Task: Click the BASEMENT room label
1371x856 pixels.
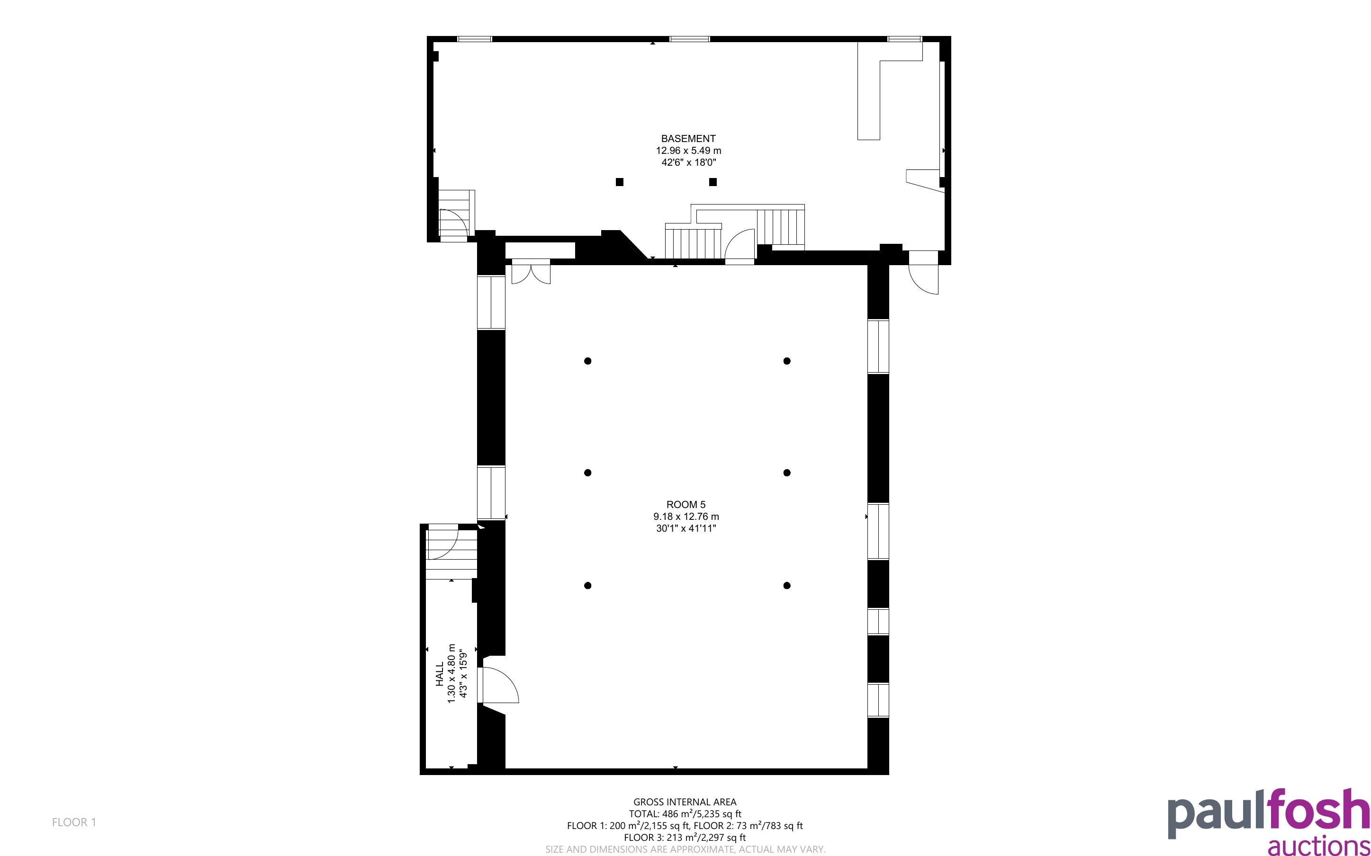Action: point(688,139)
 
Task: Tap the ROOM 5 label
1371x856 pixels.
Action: point(686,504)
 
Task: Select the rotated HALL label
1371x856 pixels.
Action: point(440,674)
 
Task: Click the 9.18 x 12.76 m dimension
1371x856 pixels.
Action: point(686,517)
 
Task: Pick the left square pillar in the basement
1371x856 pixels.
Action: point(620,182)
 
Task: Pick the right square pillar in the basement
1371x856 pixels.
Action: point(713,182)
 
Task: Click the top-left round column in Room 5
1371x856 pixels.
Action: point(588,361)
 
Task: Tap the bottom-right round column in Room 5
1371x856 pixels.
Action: point(786,585)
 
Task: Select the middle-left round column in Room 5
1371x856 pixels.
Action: point(588,473)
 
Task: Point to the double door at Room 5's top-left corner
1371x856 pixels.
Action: point(531,271)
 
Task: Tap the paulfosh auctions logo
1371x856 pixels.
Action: point(1269,821)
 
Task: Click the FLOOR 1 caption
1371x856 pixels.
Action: point(74,822)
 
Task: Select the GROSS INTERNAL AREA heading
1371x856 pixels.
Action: point(685,802)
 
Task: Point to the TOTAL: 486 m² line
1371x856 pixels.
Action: point(685,813)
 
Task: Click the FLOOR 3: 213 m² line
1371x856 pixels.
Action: point(685,838)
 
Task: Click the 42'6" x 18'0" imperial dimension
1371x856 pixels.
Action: point(689,162)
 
